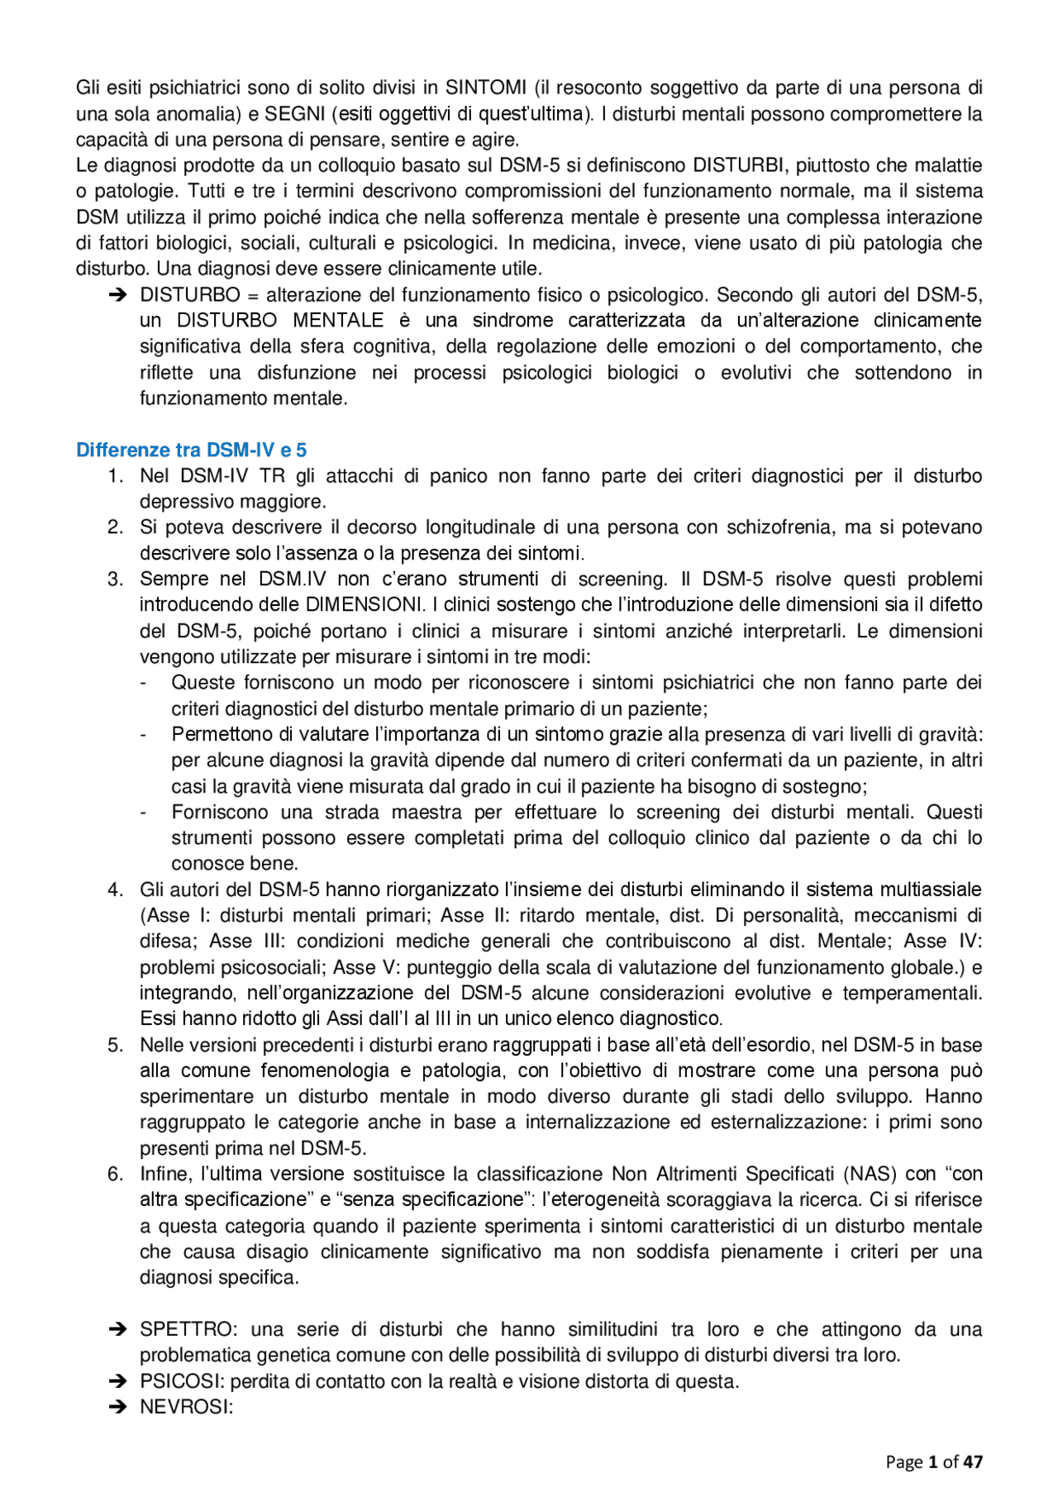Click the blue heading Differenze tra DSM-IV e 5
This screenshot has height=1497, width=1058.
[x=191, y=450]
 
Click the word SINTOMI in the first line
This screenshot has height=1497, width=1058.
[x=486, y=88]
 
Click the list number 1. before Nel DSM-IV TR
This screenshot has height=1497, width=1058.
[x=116, y=476]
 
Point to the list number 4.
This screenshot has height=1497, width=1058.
[x=116, y=889]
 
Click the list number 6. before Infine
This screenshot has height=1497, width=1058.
[x=116, y=1174]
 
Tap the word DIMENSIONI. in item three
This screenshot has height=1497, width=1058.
[x=364, y=605]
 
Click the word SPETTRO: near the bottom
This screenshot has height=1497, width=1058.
[x=189, y=1329]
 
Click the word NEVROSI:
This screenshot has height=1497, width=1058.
[x=187, y=1407]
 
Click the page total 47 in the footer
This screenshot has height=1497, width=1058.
[x=973, y=1461]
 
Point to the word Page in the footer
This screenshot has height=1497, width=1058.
[x=903, y=1461]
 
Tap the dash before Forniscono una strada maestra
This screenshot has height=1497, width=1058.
[x=145, y=812]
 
